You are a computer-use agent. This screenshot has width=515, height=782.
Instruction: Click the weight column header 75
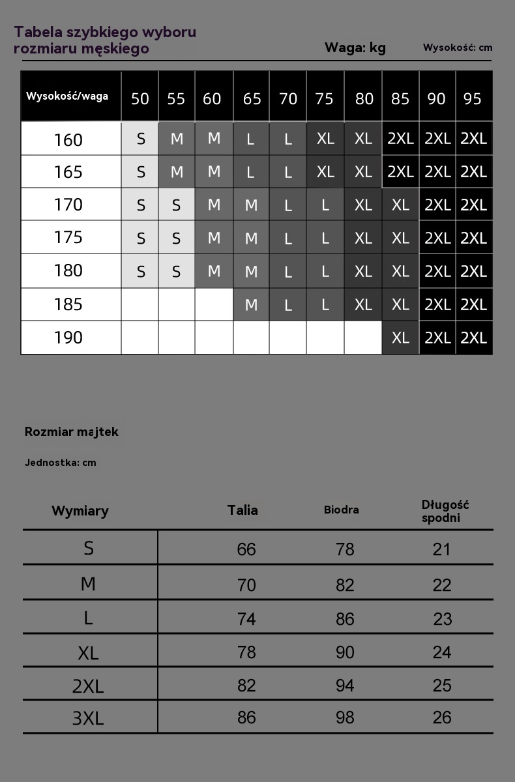coord(324,98)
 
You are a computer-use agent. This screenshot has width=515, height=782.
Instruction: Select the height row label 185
coord(68,304)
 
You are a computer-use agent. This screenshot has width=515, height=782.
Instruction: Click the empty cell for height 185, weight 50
coord(140,304)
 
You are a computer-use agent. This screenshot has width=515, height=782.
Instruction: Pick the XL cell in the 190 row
coord(400,338)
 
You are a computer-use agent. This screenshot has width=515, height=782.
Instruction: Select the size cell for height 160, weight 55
coord(177,138)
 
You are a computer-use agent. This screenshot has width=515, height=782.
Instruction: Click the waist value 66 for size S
coord(246,549)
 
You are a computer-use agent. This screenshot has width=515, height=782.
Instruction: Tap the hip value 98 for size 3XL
coord(345,717)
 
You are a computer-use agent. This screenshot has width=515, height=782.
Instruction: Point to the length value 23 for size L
coord(442,618)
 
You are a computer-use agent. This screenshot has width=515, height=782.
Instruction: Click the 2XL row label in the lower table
coord(88,686)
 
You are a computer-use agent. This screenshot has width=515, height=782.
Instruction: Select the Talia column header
coord(243,510)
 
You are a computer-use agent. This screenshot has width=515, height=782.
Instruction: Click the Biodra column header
coord(342,510)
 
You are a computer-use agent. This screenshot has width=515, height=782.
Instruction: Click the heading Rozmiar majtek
coord(72,431)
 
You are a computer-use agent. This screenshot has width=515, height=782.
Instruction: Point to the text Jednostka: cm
coord(60,463)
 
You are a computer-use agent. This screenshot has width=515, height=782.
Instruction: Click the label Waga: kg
coord(355,47)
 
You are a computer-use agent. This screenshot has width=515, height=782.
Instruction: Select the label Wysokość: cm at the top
coord(457,47)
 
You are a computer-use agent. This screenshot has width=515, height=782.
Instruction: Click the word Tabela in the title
coord(35,33)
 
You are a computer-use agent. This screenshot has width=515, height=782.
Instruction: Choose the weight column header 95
coord(473,98)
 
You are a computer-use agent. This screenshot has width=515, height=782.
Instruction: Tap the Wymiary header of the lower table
coord(80,510)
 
